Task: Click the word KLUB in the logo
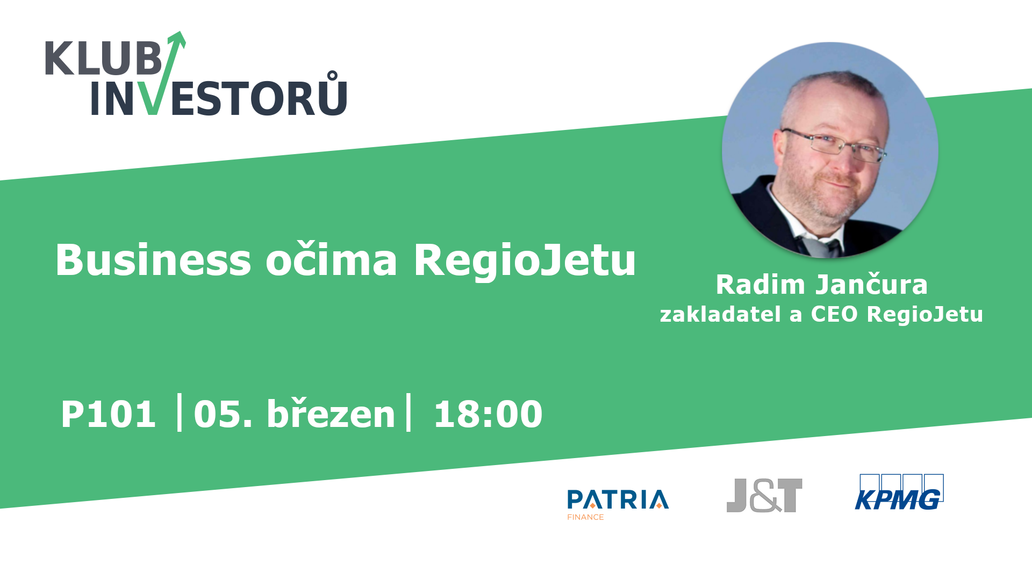103,58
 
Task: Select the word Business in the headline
153,260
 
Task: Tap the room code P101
108,414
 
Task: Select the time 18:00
488,414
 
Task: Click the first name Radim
761,284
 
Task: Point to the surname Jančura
871,284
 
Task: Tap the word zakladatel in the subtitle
720,314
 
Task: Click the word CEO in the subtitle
834,314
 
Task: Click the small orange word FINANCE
585,517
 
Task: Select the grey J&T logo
764,495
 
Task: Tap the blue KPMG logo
899,492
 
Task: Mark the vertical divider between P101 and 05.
180,412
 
